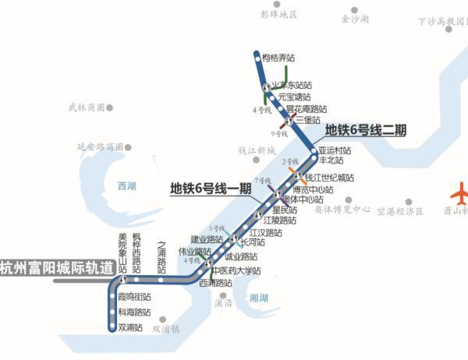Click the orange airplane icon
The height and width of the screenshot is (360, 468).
click(461, 192)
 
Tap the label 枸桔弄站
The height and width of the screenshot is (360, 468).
click(278, 58)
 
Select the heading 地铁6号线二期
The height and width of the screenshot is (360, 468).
click(366, 130)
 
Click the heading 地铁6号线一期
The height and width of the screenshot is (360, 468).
click(211, 188)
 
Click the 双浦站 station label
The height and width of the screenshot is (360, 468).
click(130, 327)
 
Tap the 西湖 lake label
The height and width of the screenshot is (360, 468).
click(126, 186)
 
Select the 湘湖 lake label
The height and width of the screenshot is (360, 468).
click(260, 298)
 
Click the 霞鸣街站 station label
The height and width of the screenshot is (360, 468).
click(134, 297)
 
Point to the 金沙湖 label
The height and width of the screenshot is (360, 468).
click(354, 18)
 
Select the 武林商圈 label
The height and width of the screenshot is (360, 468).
click(86, 107)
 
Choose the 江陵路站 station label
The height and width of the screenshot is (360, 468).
click(279, 221)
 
